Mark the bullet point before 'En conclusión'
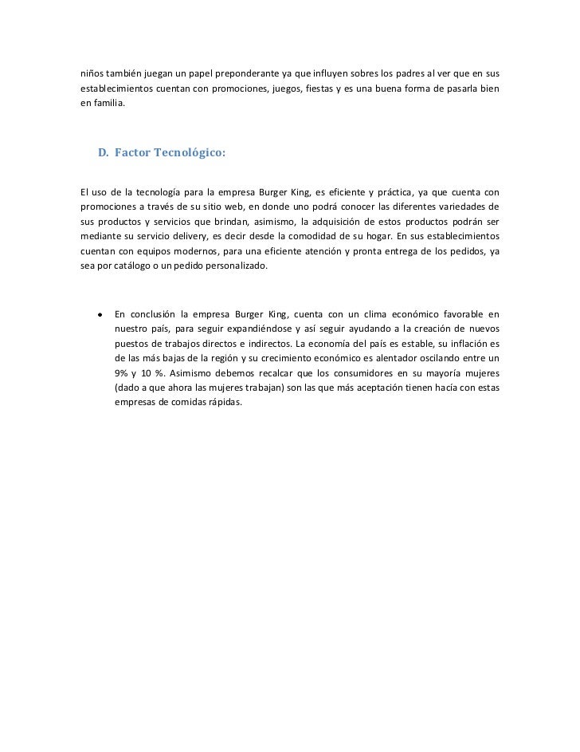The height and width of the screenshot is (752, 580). pyautogui.click(x=99, y=312)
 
